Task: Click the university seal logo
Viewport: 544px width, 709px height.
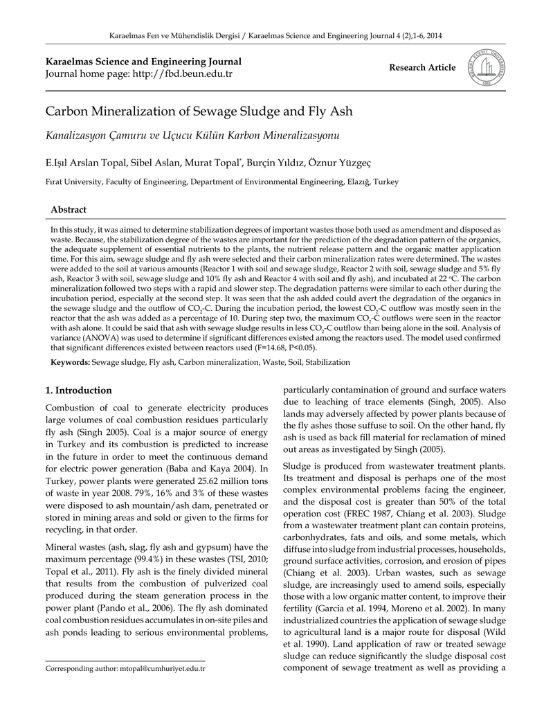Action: (x=487, y=68)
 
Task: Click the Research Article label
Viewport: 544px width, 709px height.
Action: (x=422, y=68)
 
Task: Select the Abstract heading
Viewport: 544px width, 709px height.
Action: (x=69, y=210)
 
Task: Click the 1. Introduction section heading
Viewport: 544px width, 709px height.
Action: (x=78, y=391)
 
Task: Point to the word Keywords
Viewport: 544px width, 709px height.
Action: (x=70, y=362)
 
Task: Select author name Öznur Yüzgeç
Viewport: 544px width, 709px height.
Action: (x=344, y=163)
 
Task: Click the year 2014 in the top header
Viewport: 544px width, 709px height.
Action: (x=433, y=35)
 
